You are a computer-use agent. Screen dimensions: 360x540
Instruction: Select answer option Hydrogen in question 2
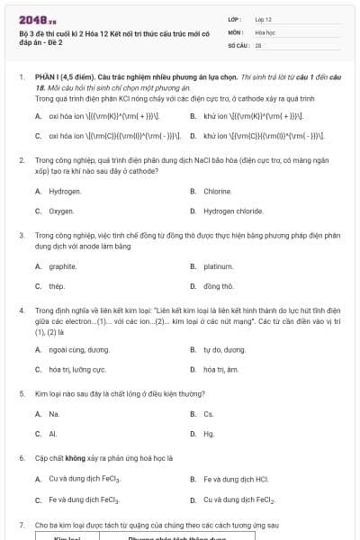[x=65, y=191]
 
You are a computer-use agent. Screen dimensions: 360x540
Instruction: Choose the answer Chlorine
[x=218, y=191]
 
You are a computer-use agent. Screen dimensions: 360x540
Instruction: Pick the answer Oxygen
[x=61, y=211]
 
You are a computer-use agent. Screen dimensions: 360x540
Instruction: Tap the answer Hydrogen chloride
[x=232, y=211]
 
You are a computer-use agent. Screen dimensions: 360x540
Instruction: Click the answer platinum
[x=219, y=266]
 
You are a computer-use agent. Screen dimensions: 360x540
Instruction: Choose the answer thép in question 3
[x=57, y=286]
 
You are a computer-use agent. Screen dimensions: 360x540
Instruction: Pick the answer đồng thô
[x=219, y=286]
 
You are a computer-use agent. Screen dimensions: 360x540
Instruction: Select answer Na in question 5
[x=54, y=414]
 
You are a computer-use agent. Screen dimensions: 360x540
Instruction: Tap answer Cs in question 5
[x=209, y=414]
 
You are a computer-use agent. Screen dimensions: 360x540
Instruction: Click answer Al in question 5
[x=53, y=434]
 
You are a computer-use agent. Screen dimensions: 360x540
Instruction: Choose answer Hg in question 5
[x=209, y=434]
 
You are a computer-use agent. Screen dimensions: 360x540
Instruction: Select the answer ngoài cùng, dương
[x=79, y=349]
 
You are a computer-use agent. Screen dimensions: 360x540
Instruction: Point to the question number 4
[x=21, y=310]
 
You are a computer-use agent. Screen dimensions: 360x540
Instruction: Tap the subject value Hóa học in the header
[x=265, y=31]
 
